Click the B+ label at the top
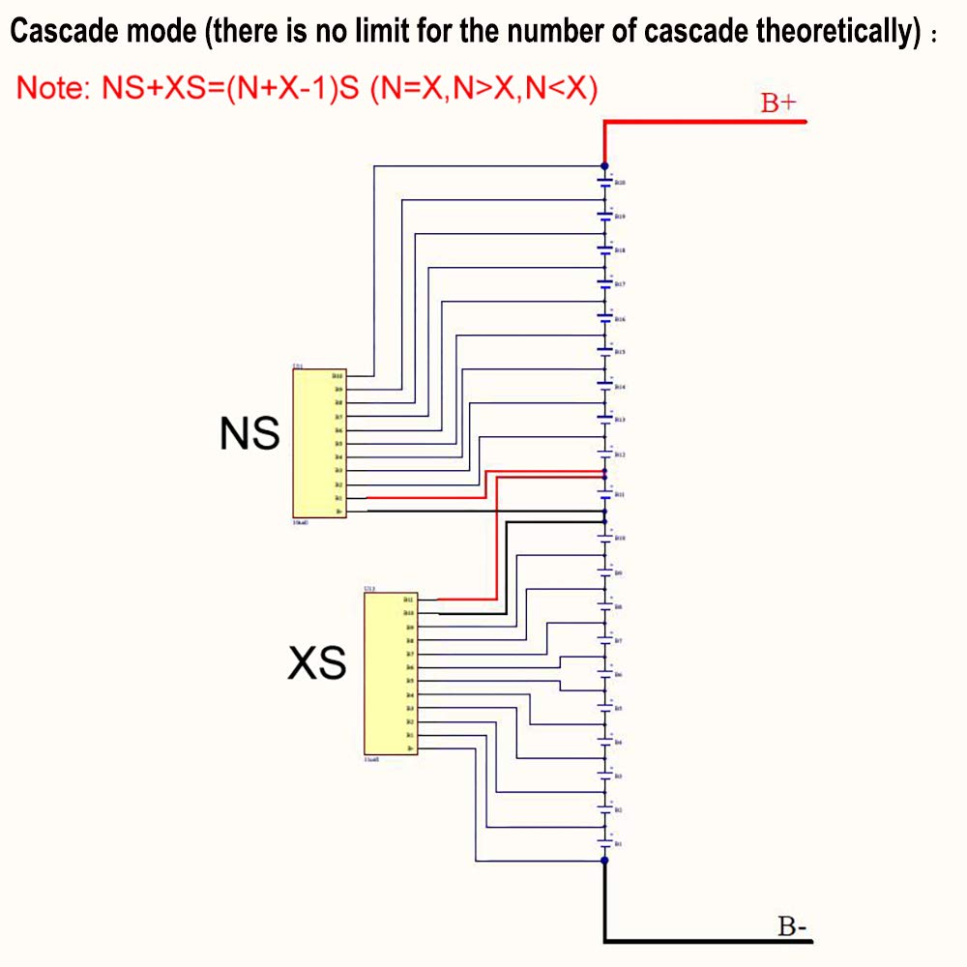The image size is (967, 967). (777, 103)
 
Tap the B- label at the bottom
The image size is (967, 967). (793, 925)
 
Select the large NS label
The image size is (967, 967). (249, 434)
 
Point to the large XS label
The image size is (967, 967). (318, 664)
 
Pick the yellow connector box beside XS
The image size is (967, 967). (390, 673)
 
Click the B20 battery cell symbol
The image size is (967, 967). (605, 181)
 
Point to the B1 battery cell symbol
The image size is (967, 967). (605, 843)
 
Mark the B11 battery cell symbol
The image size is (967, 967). (605, 493)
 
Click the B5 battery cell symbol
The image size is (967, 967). (605, 709)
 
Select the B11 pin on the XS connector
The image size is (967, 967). (409, 600)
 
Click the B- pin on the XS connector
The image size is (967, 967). (410, 748)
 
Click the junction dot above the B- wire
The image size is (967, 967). (605, 860)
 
